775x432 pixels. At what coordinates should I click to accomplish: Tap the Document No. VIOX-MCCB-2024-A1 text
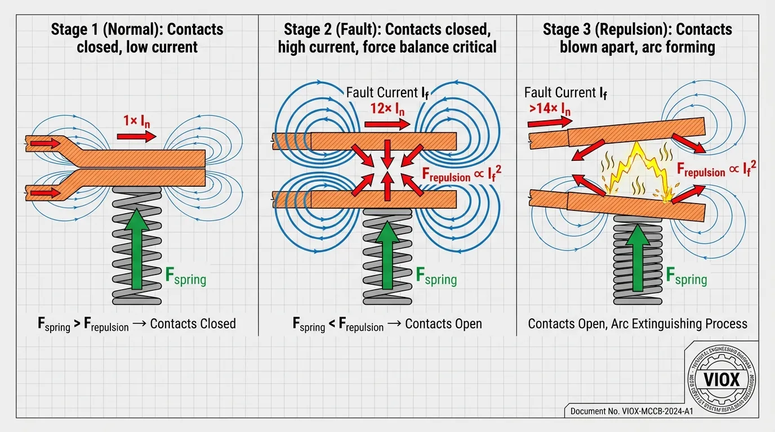631,411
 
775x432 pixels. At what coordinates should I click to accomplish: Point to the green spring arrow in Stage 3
637,256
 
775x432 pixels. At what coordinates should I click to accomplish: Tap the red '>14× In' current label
549,110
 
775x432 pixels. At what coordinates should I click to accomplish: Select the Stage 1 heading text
137,38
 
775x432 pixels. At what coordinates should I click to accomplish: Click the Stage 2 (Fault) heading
387,38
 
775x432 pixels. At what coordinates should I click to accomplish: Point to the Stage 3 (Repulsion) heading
637,38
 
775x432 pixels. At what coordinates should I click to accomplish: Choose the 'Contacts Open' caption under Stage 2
387,324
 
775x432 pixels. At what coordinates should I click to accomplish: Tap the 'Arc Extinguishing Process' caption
638,324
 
